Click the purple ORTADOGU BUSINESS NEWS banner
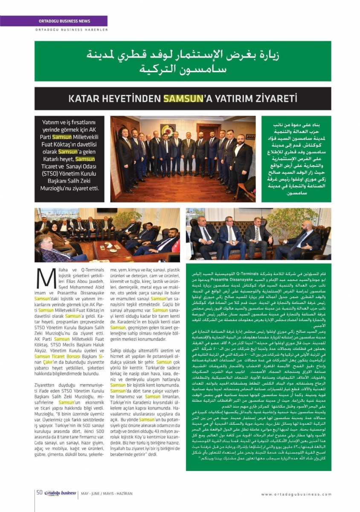pos(70,21)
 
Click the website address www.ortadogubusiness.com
pos(296,494)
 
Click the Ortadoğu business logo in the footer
pos(60,493)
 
